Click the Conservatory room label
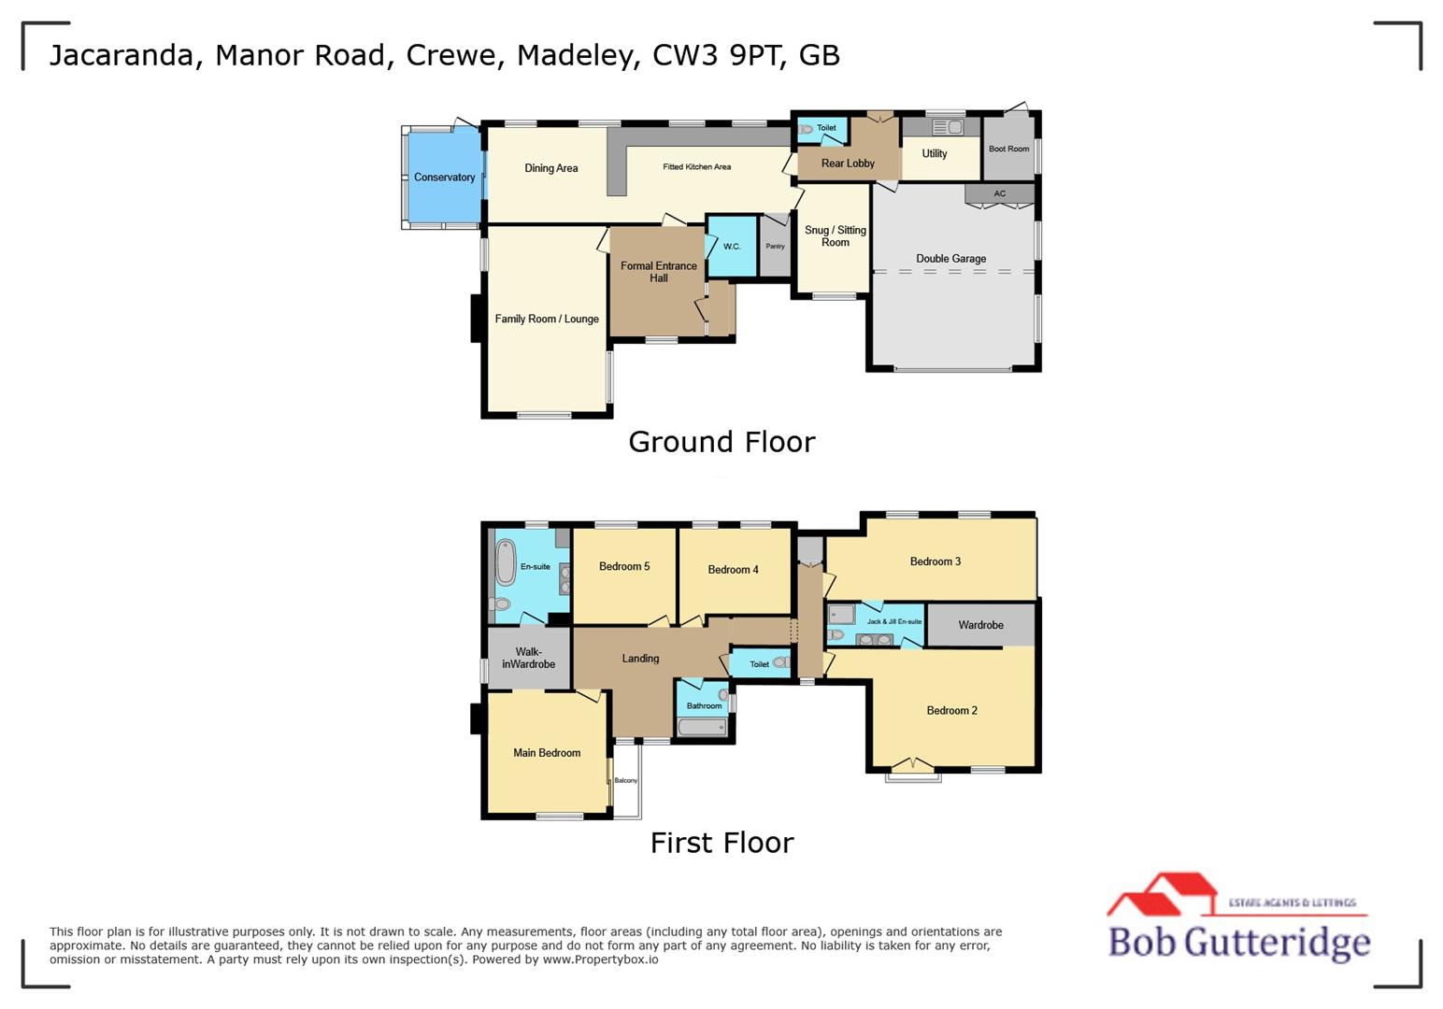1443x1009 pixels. click(444, 178)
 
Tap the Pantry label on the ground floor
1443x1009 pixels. click(775, 247)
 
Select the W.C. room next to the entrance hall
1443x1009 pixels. click(732, 247)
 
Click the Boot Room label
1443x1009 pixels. click(1008, 149)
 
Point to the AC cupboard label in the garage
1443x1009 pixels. click(1000, 193)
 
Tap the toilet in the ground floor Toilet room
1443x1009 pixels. click(806, 129)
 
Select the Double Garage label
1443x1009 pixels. click(950, 259)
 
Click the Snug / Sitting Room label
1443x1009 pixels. click(835, 236)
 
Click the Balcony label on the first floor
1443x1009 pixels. click(625, 780)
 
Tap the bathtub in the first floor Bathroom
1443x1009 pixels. click(702, 727)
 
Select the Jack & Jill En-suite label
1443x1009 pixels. click(893, 621)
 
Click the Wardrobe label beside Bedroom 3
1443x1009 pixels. click(980, 625)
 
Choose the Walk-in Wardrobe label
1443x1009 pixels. click(528, 659)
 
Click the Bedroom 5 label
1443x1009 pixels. click(623, 566)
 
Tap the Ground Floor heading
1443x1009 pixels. click(721, 442)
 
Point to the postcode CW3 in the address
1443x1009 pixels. click(686, 55)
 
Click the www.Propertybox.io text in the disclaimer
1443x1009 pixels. click(600, 959)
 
